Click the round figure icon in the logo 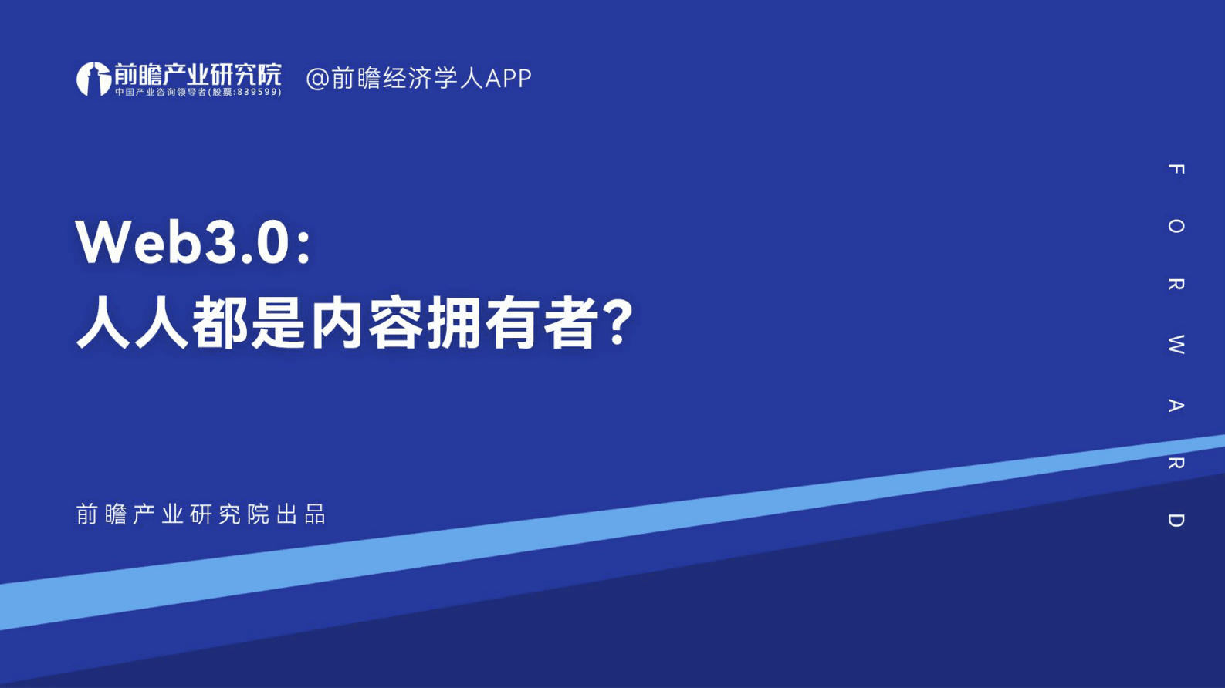[x=93, y=79]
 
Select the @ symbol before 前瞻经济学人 [x=317, y=79]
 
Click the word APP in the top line [x=508, y=79]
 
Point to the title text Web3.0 [x=182, y=242]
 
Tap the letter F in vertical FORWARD [x=1176, y=169]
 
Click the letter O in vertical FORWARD [x=1176, y=226]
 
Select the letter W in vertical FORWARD [x=1176, y=344]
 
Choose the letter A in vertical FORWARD [x=1176, y=405]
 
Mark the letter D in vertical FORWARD [x=1176, y=521]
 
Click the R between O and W [x=1176, y=284]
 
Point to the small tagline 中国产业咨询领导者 [x=161, y=92]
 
